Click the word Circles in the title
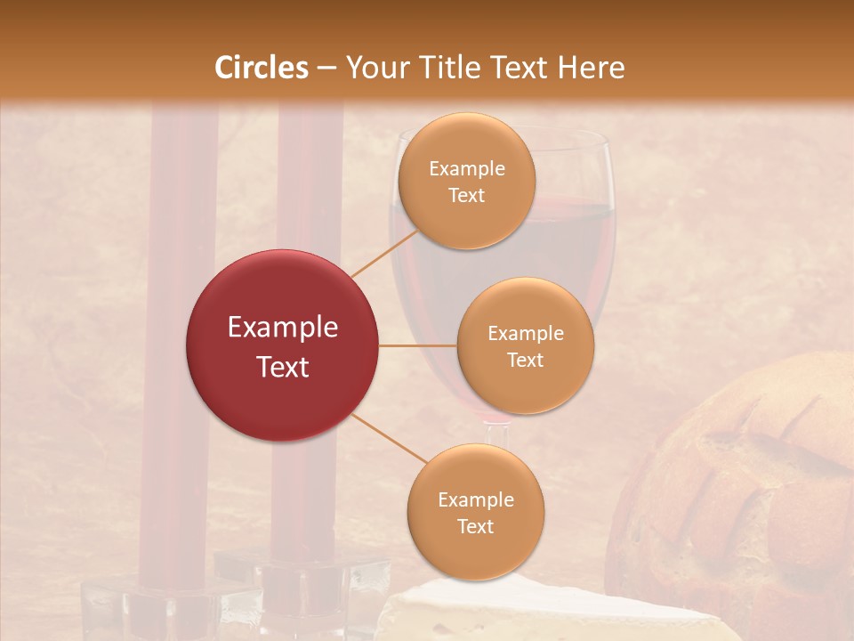tap(262, 68)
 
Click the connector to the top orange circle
tap(385, 252)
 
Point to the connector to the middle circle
tap(417, 345)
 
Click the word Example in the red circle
tap(282, 328)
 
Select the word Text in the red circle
tap(282, 367)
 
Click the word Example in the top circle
tap(466, 169)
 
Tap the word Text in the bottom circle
tap(475, 526)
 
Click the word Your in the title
tap(374, 68)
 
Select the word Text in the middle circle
tap(525, 360)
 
